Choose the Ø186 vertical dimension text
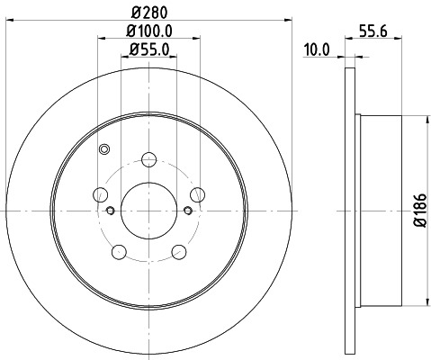[418, 210]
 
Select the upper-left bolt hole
[102, 195]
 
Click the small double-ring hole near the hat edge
[104, 149]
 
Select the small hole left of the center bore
[110, 211]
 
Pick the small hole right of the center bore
[187, 211]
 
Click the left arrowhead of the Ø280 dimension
[9, 18]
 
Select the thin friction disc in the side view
[352, 210]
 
